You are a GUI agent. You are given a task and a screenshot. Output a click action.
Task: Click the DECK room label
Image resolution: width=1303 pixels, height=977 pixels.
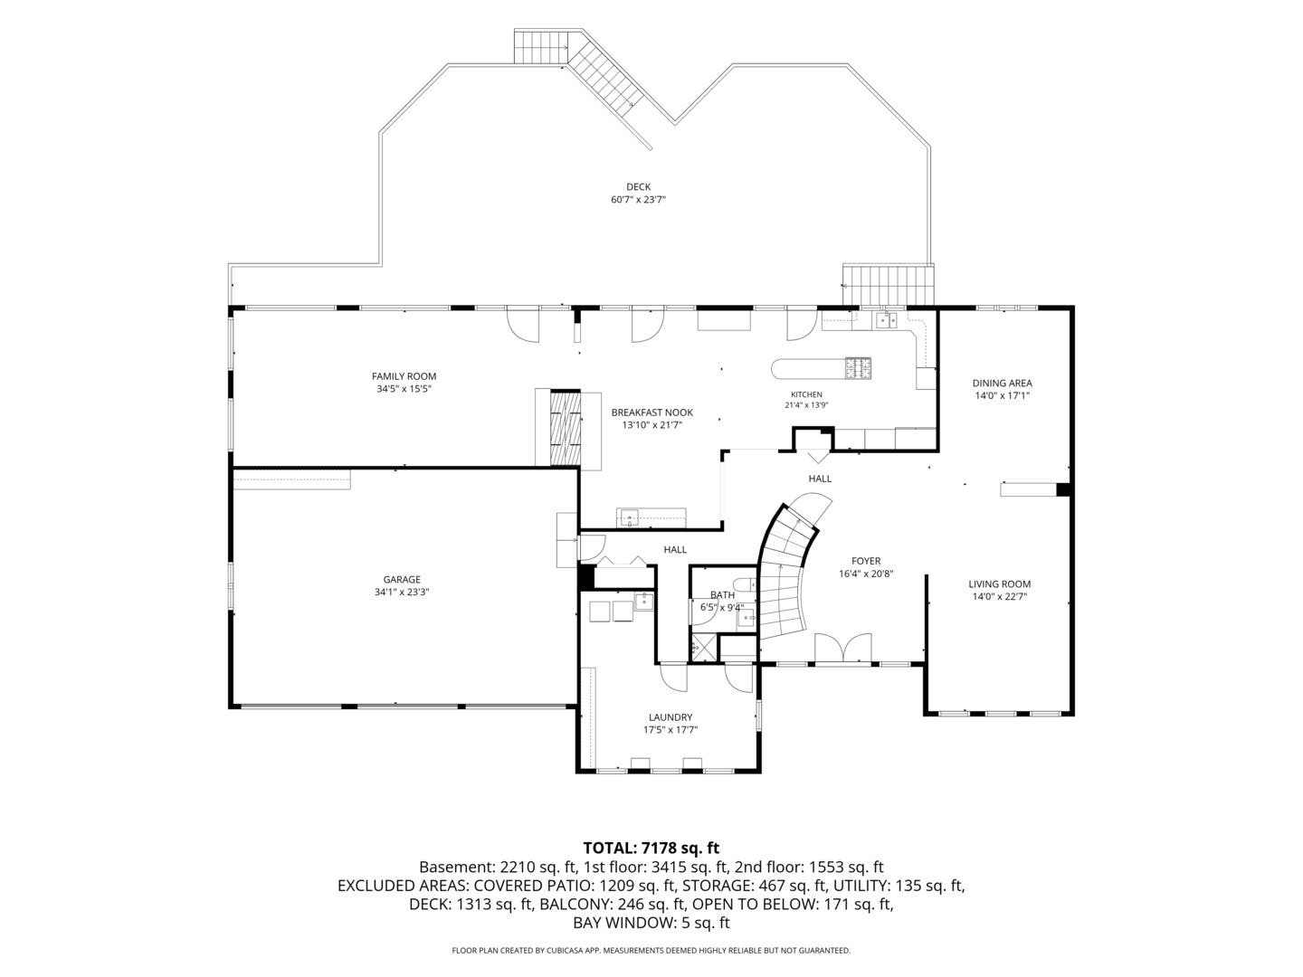tap(638, 187)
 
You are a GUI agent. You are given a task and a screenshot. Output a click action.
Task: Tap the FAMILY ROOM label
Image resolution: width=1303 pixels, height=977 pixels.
tap(404, 376)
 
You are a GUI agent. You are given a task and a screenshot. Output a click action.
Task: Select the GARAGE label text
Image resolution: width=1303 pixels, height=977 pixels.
tap(402, 580)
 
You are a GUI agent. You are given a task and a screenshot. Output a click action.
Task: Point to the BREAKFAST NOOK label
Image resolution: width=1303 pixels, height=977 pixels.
tap(651, 413)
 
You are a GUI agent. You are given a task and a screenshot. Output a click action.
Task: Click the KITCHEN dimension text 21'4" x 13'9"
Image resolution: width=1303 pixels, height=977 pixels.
tap(806, 406)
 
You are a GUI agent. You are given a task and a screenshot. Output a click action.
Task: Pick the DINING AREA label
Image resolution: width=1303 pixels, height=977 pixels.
tap(1002, 384)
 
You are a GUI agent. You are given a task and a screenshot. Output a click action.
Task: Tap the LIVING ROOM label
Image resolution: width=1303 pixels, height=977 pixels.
tap(1000, 583)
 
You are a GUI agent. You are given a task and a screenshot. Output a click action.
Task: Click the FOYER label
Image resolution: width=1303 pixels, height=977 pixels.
tap(866, 561)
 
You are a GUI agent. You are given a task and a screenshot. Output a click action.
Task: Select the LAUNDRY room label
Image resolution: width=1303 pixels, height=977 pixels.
tap(671, 717)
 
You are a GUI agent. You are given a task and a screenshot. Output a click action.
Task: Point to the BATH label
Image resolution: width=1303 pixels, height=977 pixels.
tap(722, 595)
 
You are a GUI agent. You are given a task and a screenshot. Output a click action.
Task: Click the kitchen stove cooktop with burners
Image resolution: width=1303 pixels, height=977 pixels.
tap(859, 368)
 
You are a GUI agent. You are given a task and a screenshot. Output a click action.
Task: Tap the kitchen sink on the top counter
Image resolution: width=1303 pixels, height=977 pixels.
tap(887, 320)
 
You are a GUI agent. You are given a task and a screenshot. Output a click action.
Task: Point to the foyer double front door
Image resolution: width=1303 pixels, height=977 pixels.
tap(843, 648)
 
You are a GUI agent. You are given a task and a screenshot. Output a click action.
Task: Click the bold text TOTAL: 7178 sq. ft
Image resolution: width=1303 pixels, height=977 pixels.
tap(651, 848)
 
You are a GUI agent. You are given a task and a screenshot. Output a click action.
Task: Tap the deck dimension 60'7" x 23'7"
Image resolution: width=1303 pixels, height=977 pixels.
tap(638, 200)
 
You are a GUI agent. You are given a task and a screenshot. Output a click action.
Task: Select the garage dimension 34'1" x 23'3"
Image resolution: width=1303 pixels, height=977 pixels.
tap(402, 592)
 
